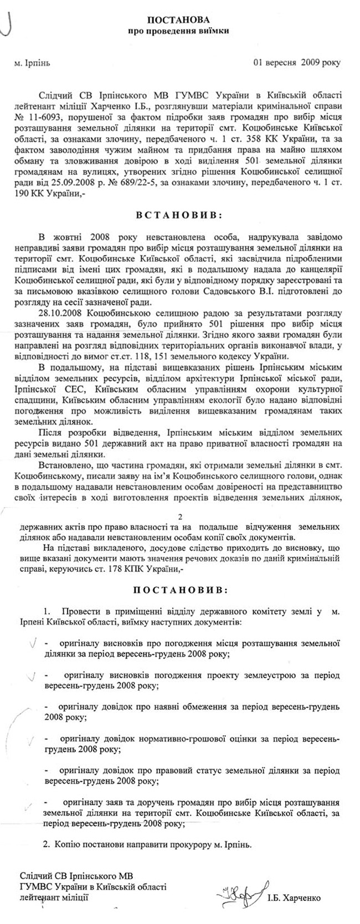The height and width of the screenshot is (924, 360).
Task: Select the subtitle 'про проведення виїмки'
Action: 181,31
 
